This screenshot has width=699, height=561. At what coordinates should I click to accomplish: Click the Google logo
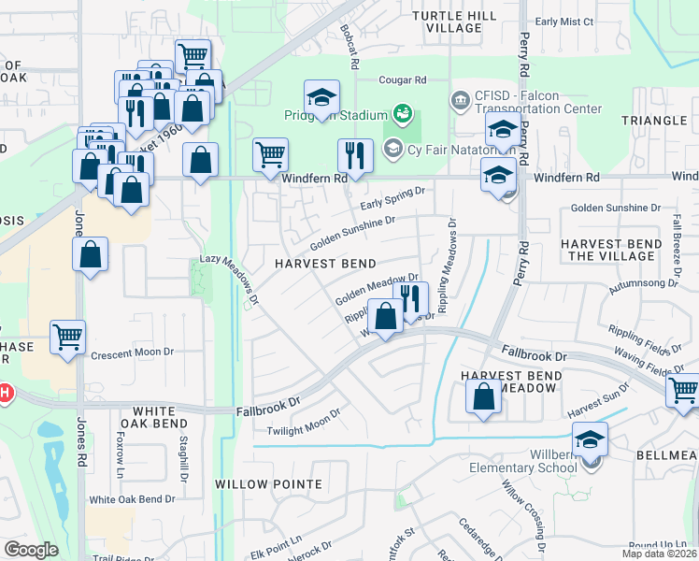click(x=31, y=550)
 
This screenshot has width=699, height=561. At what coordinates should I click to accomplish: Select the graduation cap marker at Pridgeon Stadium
click(x=321, y=98)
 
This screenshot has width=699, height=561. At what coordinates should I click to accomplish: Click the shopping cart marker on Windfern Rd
click(x=270, y=156)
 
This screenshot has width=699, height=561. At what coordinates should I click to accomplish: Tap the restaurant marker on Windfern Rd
click(x=355, y=156)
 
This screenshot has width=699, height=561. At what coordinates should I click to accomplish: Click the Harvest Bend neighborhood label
click(x=325, y=265)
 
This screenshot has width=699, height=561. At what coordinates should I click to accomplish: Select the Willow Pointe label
click(x=255, y=484)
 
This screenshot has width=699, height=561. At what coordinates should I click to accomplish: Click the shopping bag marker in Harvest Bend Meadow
click(x=483, y=398)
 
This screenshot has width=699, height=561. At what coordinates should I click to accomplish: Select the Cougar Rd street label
click(x=403, y=80)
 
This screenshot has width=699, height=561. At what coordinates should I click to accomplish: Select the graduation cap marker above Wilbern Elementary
click(x=590, y=440)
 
